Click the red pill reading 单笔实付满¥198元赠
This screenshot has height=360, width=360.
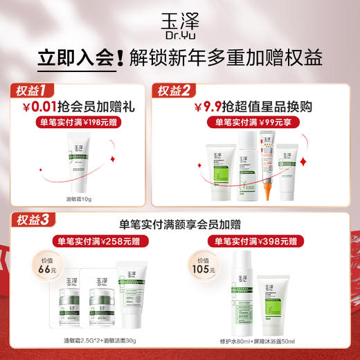tap(79, 122)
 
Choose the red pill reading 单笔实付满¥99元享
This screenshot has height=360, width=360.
tap(252, 122)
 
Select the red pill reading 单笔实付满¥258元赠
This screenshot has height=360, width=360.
tap(100, 242)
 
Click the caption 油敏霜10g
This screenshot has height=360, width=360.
tap(80, 198)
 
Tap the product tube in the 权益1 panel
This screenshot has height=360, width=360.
tap(81, 163)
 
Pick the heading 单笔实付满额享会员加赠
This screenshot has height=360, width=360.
tap(181, 224)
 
